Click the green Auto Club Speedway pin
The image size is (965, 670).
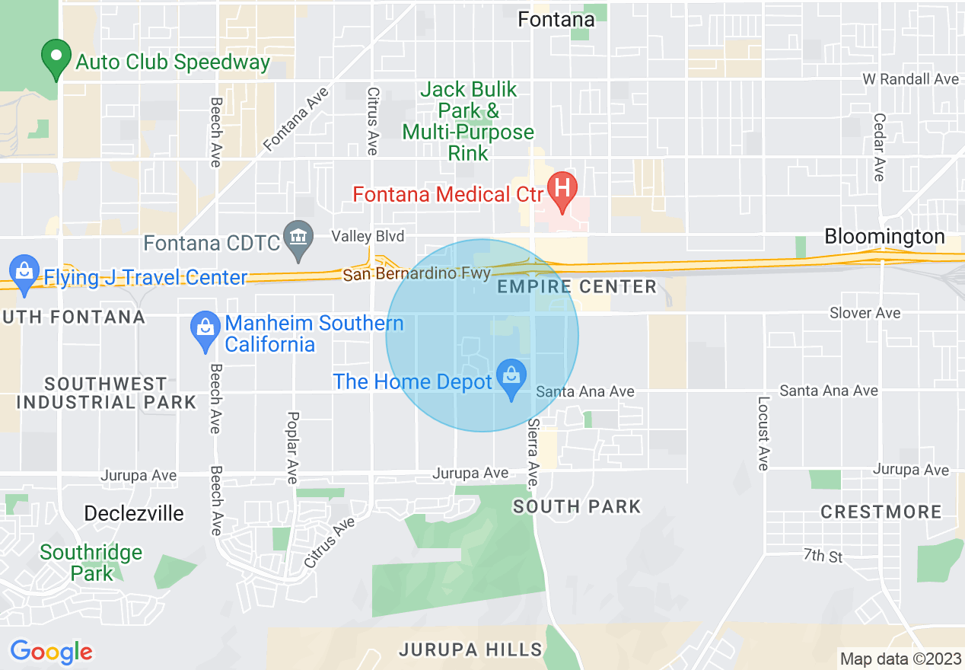(x=56, y=59)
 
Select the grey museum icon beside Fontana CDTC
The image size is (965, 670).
(x=298, y=238)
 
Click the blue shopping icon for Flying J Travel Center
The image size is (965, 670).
(x=24, y=273)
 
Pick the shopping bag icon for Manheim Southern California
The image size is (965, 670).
(x=205, y=330)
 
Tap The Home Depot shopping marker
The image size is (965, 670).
(x=511, y=378)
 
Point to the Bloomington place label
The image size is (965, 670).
(x=884, y=237)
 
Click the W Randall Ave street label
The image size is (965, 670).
(x=910, y=79)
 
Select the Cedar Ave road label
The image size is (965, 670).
(x=881, y=147)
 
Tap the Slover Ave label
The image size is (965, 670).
(x=865, y=313)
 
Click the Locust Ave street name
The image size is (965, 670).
(x=763, y=432)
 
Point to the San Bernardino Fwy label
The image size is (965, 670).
(x=416, y=273)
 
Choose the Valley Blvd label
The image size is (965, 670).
(x=368, y=236)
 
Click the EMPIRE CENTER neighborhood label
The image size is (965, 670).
(x=576, y=287)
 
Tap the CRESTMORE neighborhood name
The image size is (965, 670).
(x=881, y=512)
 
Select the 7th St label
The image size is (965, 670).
(x=823, y=556)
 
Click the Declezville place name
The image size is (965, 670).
(x=134, y=513)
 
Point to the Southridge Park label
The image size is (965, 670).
(x=91, y=563)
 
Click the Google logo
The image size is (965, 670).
(x=51, y=652)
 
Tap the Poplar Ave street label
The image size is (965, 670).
(x=293, y=447)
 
